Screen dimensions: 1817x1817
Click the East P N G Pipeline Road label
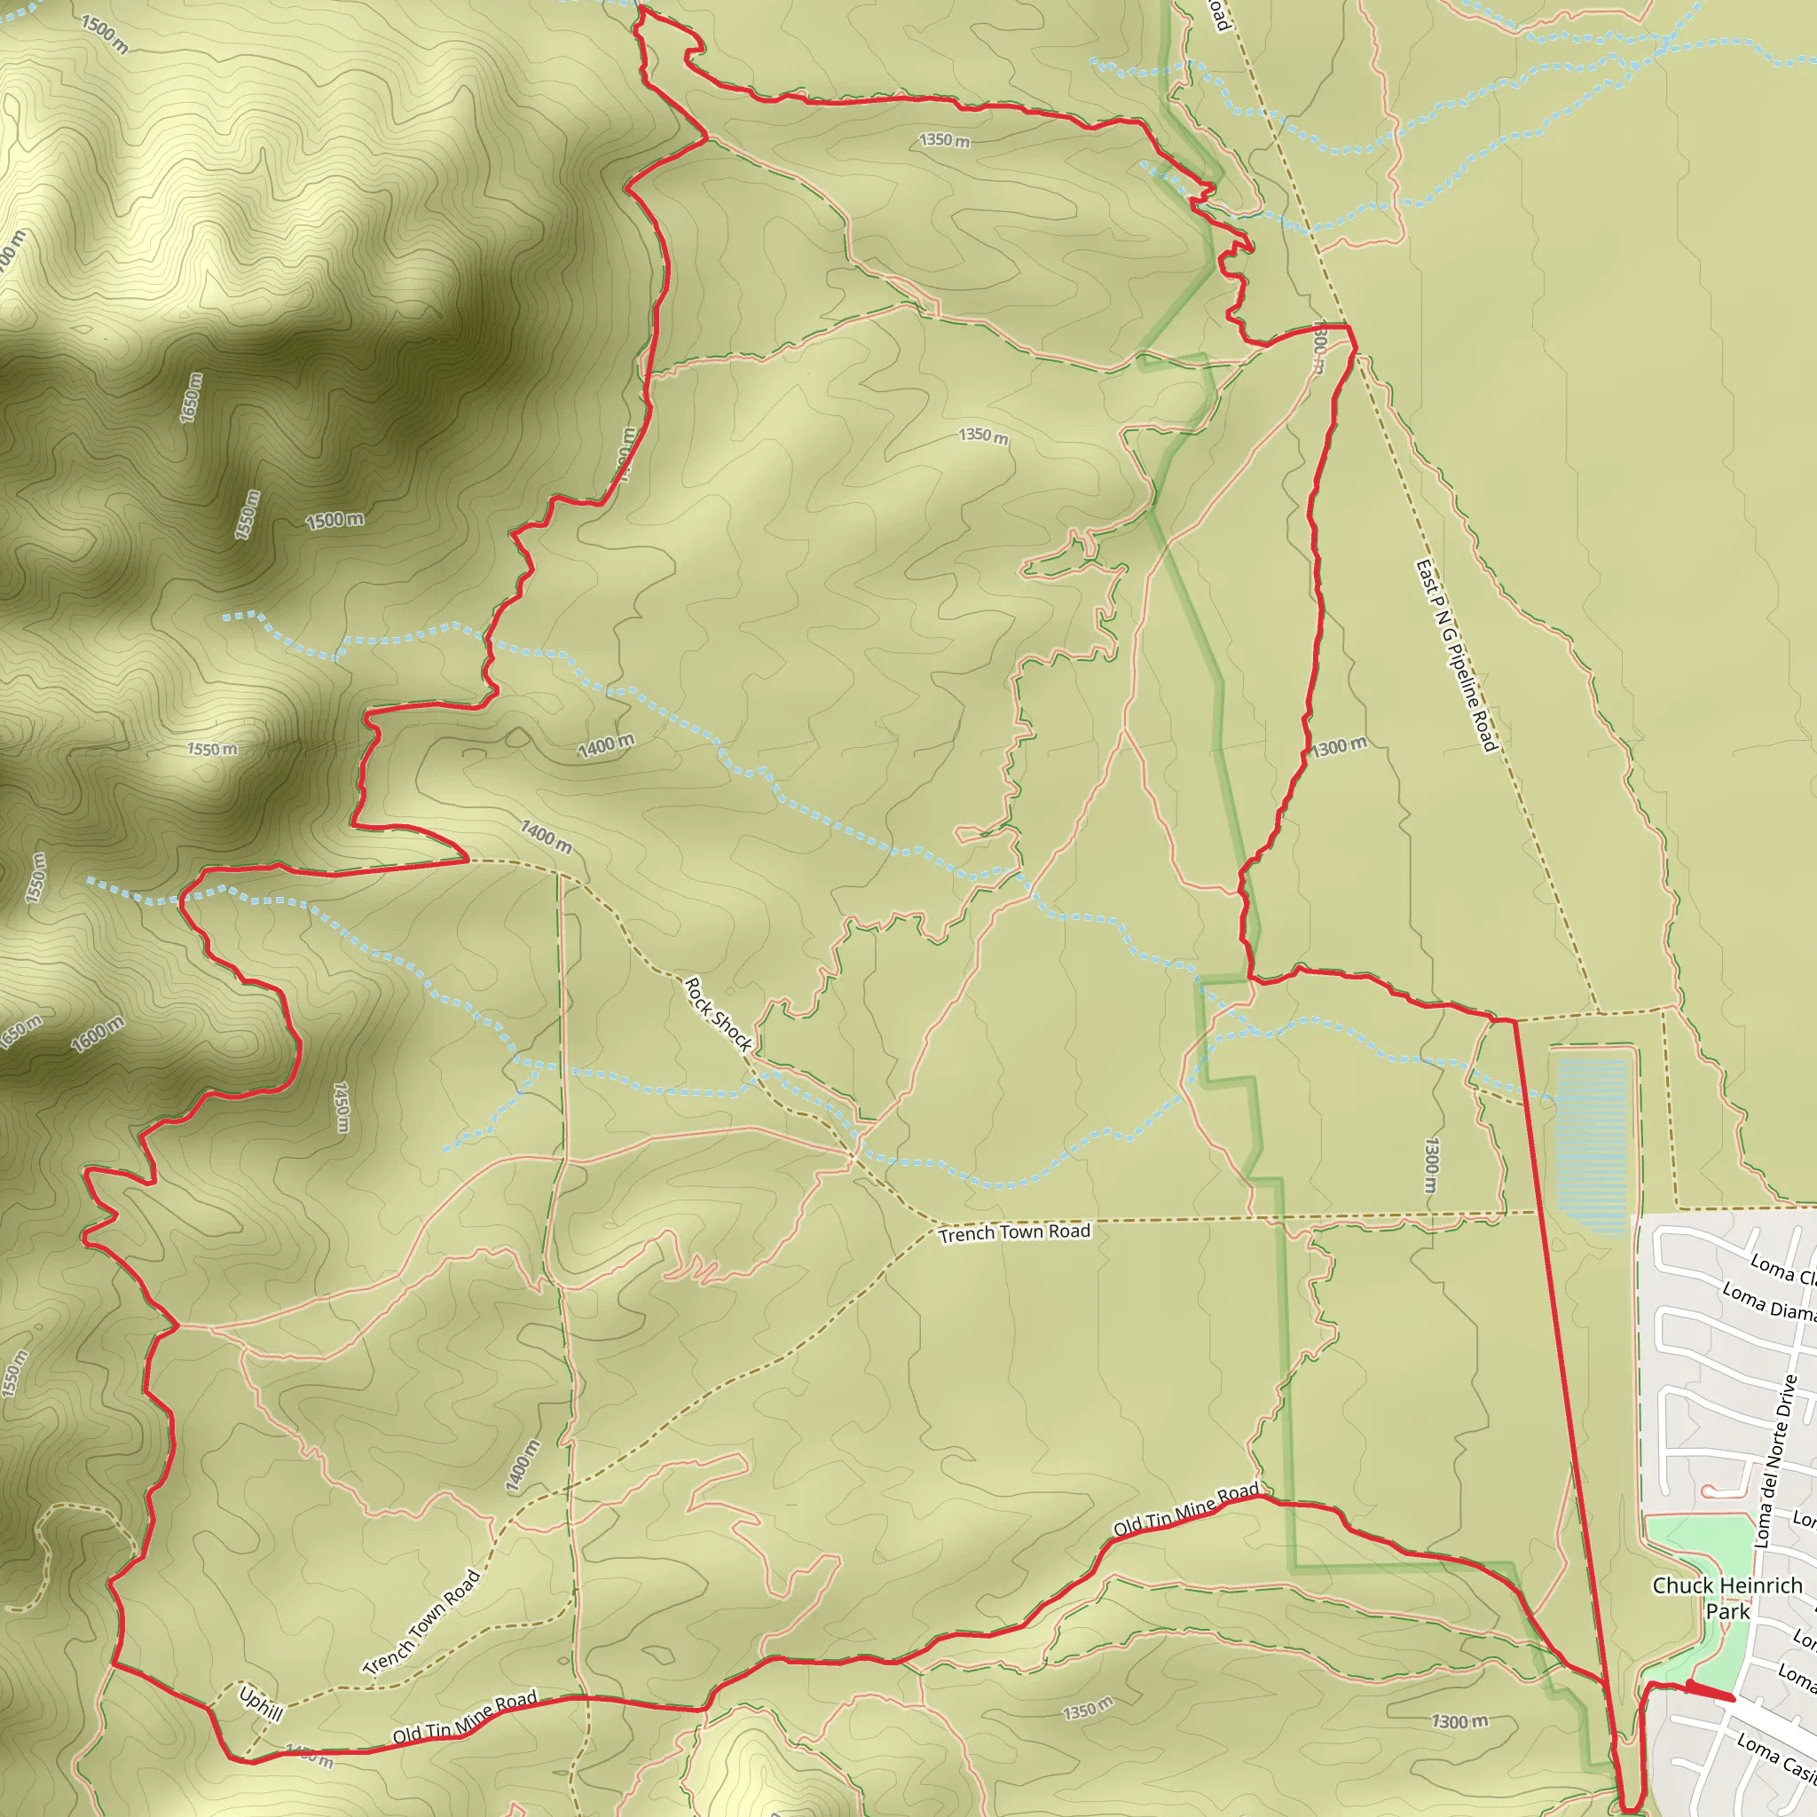click(1456, 657)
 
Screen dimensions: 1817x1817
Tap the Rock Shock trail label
click(718, 1014)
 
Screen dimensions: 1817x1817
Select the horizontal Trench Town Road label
click(1015, 1233)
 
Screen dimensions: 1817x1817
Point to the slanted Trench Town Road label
click(422, 1622)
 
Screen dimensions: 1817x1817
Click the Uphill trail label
click(261, 1703)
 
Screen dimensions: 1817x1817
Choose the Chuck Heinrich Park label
click(1727, 1598)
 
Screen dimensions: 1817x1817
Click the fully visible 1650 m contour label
click(191, 397)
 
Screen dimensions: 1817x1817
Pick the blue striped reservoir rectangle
click(1592, 1145)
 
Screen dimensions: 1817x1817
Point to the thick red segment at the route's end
click(1711, 1693)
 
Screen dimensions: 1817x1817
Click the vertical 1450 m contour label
click(342, 1107)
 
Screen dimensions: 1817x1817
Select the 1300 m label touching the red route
click(1339, 748)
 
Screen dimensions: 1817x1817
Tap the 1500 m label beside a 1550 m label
click(334, 520)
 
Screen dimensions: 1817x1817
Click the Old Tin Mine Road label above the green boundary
click(1186, 1510)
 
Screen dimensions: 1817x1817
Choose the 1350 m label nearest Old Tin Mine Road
click(1088, 1708)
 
